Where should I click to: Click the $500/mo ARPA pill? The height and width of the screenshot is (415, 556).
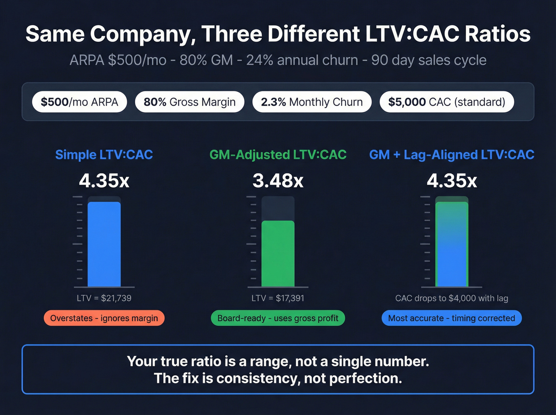coord(79,102)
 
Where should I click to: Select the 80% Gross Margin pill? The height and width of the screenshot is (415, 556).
coord(189,102)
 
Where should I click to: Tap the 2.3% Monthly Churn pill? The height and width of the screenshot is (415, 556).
coord(312,102)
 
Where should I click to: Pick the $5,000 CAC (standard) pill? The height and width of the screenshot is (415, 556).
coord(446,102)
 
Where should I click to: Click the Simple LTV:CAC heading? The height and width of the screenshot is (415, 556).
coord(104,154)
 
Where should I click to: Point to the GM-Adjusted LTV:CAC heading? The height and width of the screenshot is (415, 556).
coord(278,154)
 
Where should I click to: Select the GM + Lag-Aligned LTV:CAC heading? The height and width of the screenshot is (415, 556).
coord(452,154)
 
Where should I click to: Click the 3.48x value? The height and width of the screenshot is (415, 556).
coord(278,181)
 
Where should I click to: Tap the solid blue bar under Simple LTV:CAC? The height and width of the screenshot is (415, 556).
coord(104,244)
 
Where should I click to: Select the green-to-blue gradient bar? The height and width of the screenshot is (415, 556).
coord(452,244)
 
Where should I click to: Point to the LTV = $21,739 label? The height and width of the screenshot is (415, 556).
coord(104,298)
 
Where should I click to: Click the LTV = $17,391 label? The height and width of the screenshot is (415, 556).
coord(278,298)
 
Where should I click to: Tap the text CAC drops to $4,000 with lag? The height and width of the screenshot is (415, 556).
coord(452,298)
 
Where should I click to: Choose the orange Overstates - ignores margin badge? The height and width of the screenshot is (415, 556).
coord(104,318)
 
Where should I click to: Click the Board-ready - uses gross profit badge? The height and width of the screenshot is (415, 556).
coord(278,318)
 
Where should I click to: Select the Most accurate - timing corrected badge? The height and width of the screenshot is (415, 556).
coord(452,318)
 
